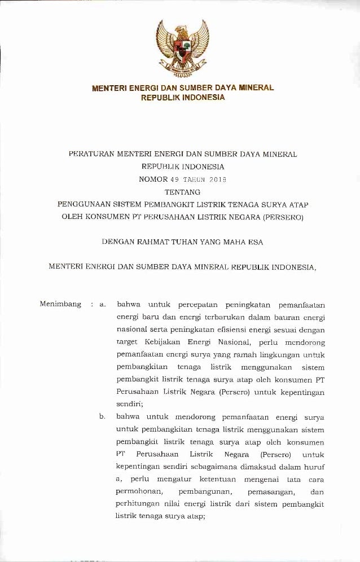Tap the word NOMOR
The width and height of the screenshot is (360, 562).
point(152,179)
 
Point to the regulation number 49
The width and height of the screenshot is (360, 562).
point(174,179)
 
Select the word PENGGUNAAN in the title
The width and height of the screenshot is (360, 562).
point(85,205)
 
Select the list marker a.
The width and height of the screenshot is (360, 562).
point(102,305)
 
